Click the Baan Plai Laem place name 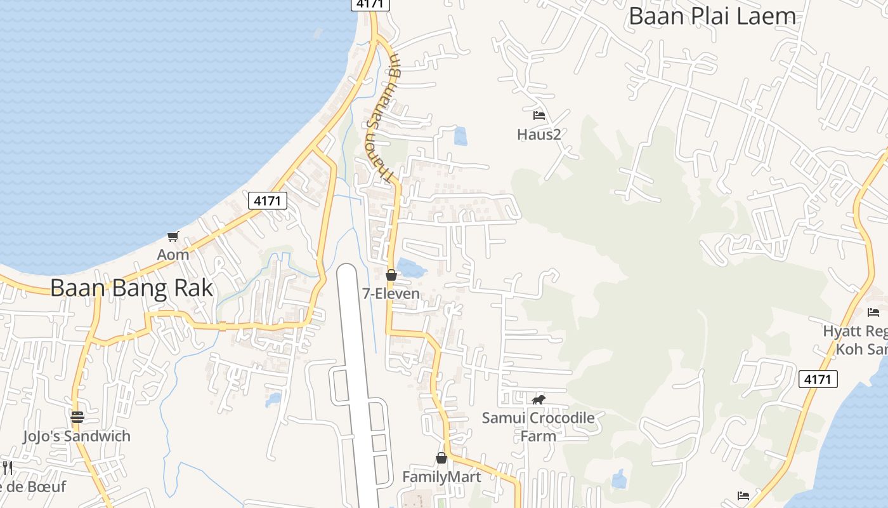(712, 17)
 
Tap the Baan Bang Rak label (131, 288)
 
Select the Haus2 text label (539, 134)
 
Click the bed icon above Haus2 (539, 116)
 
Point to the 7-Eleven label (391, 293)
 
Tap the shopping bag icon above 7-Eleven (391, 275)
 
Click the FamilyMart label (441, 476)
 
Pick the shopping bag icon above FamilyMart (441, 458)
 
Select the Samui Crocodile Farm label (538, 427)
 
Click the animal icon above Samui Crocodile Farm (539, 399)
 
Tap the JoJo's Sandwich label (77, 436)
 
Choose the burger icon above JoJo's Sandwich (77, 417)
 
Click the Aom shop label (173, 255)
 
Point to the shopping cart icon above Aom (173, 237)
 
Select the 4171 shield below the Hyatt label (818, 379)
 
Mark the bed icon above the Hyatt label (873, 312)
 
